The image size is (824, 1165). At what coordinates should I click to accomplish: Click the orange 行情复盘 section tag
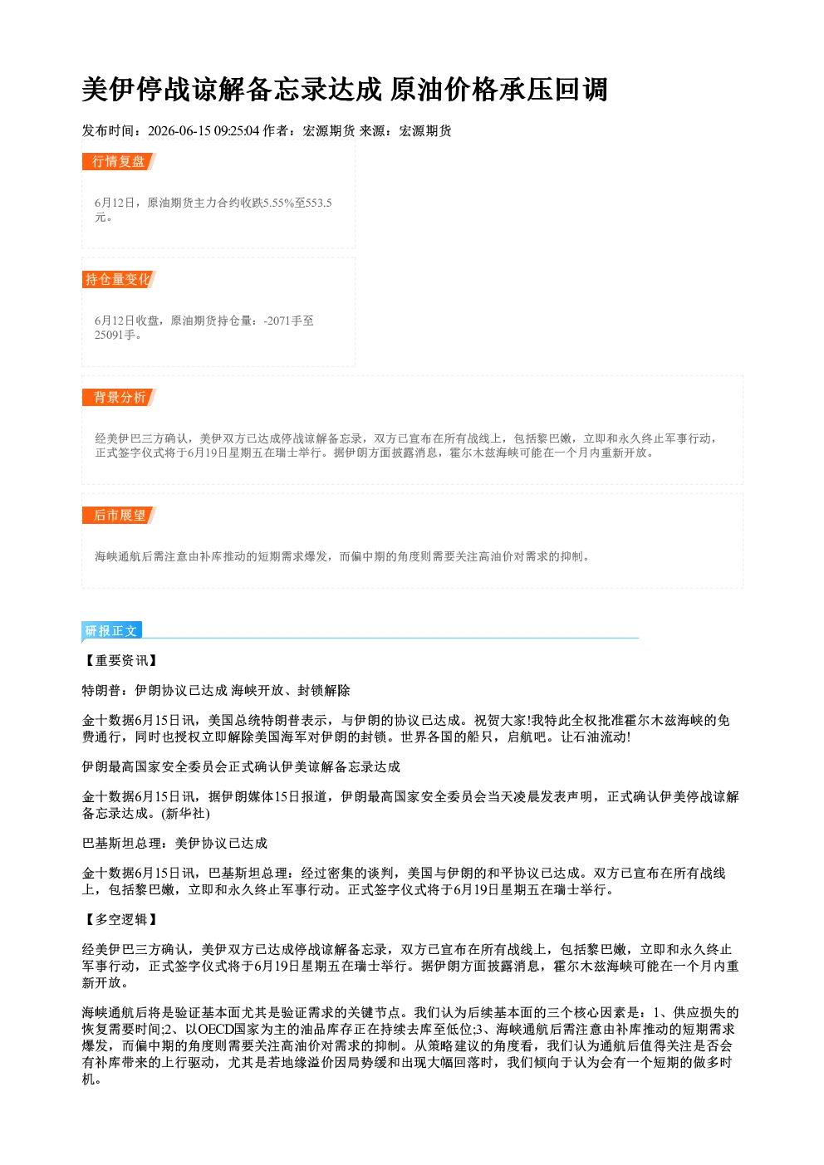pyautogui.click(x=119, y=161)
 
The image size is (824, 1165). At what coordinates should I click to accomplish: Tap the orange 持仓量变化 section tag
pyautogui.click(x=119, y=279)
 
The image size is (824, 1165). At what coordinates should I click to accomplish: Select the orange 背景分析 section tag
pyautogui.click(x=119, y=398)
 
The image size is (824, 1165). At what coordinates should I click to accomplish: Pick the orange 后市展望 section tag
pyautogui.click(x=119, y=516)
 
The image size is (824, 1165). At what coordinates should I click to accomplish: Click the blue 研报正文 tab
pyautogui.click(x=111, y=630)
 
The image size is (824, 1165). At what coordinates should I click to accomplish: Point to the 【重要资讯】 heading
pyautogui.click(x=120, y=660)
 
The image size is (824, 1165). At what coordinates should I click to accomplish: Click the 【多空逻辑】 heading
pyautogui.click(x=120, y=919)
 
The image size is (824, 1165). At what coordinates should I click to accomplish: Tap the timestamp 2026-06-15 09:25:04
pyautogui.click(x=204, y=131)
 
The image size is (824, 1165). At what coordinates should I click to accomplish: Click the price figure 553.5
pyautogui.click(x=319, y=203)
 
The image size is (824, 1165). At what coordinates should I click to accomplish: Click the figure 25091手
pyautogui.click(x=115, y=335)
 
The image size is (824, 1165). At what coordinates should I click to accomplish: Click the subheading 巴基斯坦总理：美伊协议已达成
pyautogui.click(x=174, y=843)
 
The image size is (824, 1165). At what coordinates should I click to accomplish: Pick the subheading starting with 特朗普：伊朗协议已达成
pyautogui.click(x=217, y=690)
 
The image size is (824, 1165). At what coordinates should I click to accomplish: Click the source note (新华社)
pyautogui.click(x=185, y=814)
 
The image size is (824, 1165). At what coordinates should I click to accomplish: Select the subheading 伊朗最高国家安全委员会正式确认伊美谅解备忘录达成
pyautogui.click(x=242, y=766)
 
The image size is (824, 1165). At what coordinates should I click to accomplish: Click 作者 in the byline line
pyautogui.click(x=276, y=131)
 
